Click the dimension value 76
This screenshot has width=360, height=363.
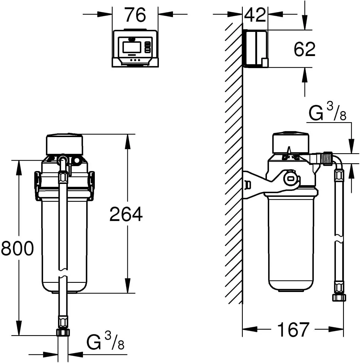pyautogui.click(x=135, y=15)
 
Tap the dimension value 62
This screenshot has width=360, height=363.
pyautogui.click(x=304, y=49)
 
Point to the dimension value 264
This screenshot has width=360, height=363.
pyautogui.click(x=126, y=214)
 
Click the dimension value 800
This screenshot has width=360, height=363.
pyautogui.click(x=17, y=248)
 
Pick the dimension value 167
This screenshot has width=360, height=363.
pyautogui.click(x=293, y=329)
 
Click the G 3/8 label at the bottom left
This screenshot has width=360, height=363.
pyautogui.click(x=105, y=342)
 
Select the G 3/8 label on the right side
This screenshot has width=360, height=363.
pyautogui.click(x=327, y=113)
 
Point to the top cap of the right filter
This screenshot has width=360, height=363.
pyautogui.click(x=290, y=142)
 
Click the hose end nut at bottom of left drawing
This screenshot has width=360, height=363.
pyautogui.click(x=63, y=332)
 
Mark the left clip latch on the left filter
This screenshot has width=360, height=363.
pyautogui.click(x=37, y=181)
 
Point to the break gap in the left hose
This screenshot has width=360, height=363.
pyautogui.click(x=63, y=274)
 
